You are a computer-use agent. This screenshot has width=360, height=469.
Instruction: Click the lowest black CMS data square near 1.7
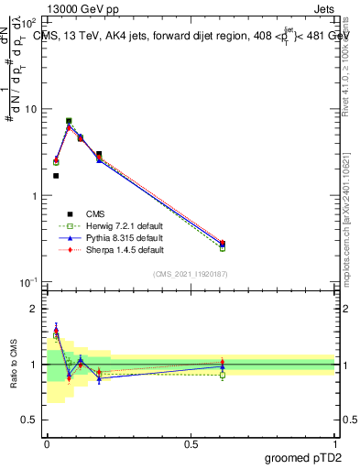(x=56, y=176)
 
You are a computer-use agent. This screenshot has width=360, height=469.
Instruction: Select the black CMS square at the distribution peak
(x=69, y=121)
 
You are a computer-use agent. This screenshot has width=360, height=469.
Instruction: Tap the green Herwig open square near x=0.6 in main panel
(x=223, y=248)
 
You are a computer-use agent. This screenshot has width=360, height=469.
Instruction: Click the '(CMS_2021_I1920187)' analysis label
(x=191, y=274)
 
